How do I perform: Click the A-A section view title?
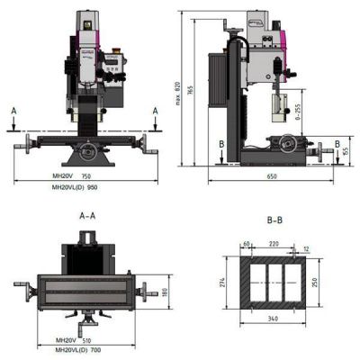click(x=87, y=216)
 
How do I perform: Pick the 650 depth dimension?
click(x=271, y=177)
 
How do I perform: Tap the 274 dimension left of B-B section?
click(x=221, y=282)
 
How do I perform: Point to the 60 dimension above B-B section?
click(x=246, y=244)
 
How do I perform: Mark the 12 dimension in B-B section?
click(x=306, y=249)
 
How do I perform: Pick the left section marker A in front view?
click(x=14, y=109)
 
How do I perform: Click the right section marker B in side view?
click(x=337, y=142)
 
